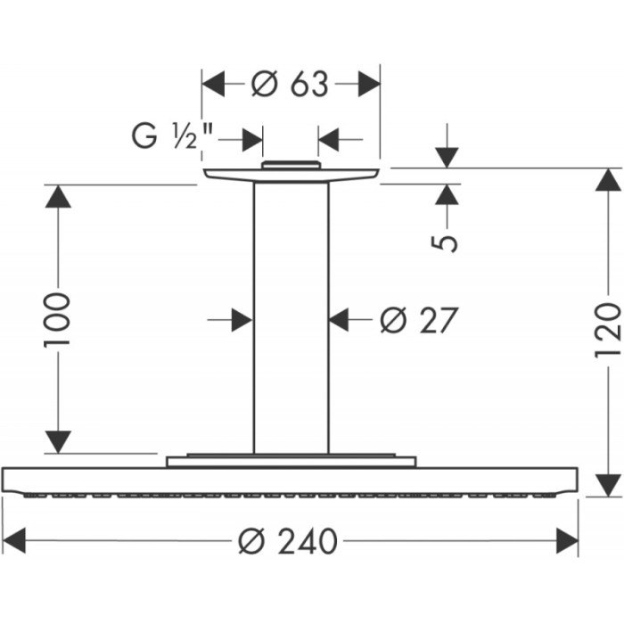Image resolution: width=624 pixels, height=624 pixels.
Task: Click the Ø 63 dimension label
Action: (x=291, y=85)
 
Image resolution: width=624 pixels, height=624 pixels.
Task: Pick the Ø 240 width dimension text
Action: (x=291, y=540)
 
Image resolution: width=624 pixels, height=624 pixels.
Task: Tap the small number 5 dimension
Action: (x=449, y=241)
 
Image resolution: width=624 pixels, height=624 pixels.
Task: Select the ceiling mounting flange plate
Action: (x=291, y=175)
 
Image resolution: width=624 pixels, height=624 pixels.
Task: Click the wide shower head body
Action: (x=291, y=480)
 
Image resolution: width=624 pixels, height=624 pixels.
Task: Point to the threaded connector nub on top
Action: (x=291, y=164)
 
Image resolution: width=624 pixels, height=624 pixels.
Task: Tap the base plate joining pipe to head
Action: (x=291, y=461)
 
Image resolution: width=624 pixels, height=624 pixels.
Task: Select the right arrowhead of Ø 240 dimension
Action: (x=568, y=540)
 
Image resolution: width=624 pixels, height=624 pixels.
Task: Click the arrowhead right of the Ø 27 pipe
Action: (x=340, y=318)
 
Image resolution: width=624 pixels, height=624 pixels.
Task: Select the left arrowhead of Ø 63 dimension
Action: (x=213, y=85)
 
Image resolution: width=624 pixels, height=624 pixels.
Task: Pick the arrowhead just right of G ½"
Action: (x=252, y=139)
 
